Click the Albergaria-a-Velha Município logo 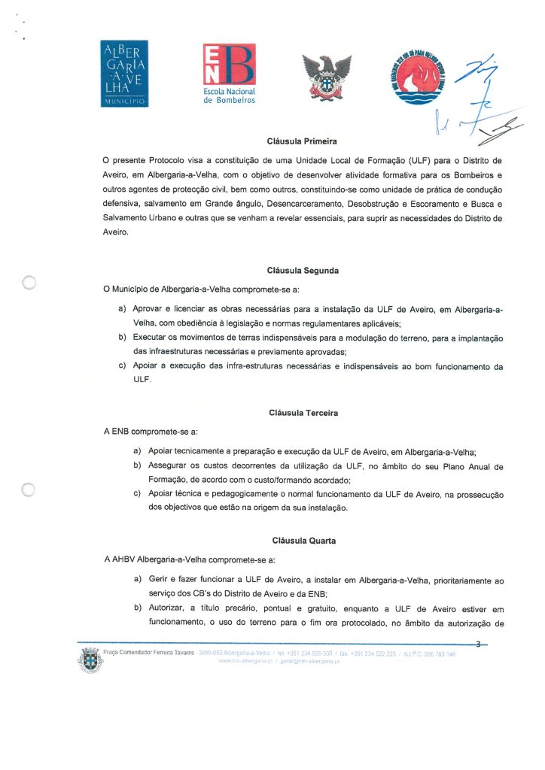tap(125, 73)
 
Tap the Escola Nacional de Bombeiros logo tap(230, 74)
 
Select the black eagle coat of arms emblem tap(327, 76)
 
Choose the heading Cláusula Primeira tap(302, 141)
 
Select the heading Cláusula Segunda tap(302, 270)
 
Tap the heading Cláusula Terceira tap(303, 413)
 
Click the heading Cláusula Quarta tap(302, 541)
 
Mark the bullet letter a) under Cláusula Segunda tap(122, 308)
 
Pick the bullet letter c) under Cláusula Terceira tap(137, 494)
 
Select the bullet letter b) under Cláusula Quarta tap(137, 606)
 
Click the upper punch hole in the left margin tap(29, 283)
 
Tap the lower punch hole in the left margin tap(29, 490)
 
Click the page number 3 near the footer tap(478, 643)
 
